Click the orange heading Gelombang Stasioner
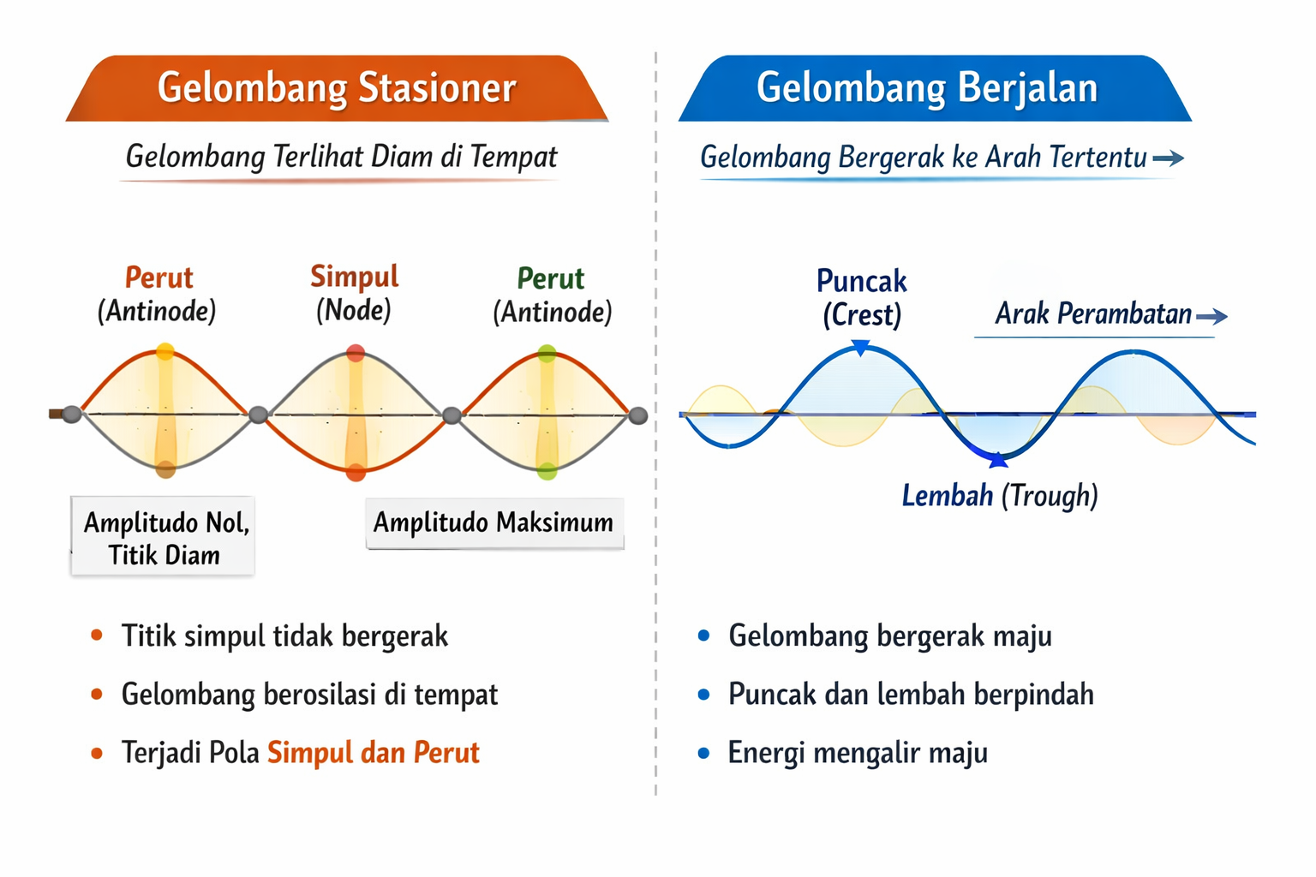pos(336,88)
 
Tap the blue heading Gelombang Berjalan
pos(926,88)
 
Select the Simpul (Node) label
pos(354,293)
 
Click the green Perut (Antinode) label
pos(552,295)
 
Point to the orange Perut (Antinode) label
pos(158,294)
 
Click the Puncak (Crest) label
pos(861,297)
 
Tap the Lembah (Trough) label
pos(999,495)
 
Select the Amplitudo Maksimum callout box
pos(493,522)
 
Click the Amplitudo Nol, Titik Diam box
pos(164,538)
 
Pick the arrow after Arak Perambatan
pos(1211,317)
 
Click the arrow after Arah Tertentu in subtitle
pos(1168,158)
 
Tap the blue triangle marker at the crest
pos(861,347)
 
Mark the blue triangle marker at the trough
pos(998,461)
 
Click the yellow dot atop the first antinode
pos(165,351)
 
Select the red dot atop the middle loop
pos(356,353)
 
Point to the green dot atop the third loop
pos(547,353)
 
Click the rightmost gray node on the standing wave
pos(638,415)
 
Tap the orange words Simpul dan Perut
pos(373,753)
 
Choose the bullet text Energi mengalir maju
pos(857,753)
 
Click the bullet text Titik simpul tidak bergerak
pos(284,636)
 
